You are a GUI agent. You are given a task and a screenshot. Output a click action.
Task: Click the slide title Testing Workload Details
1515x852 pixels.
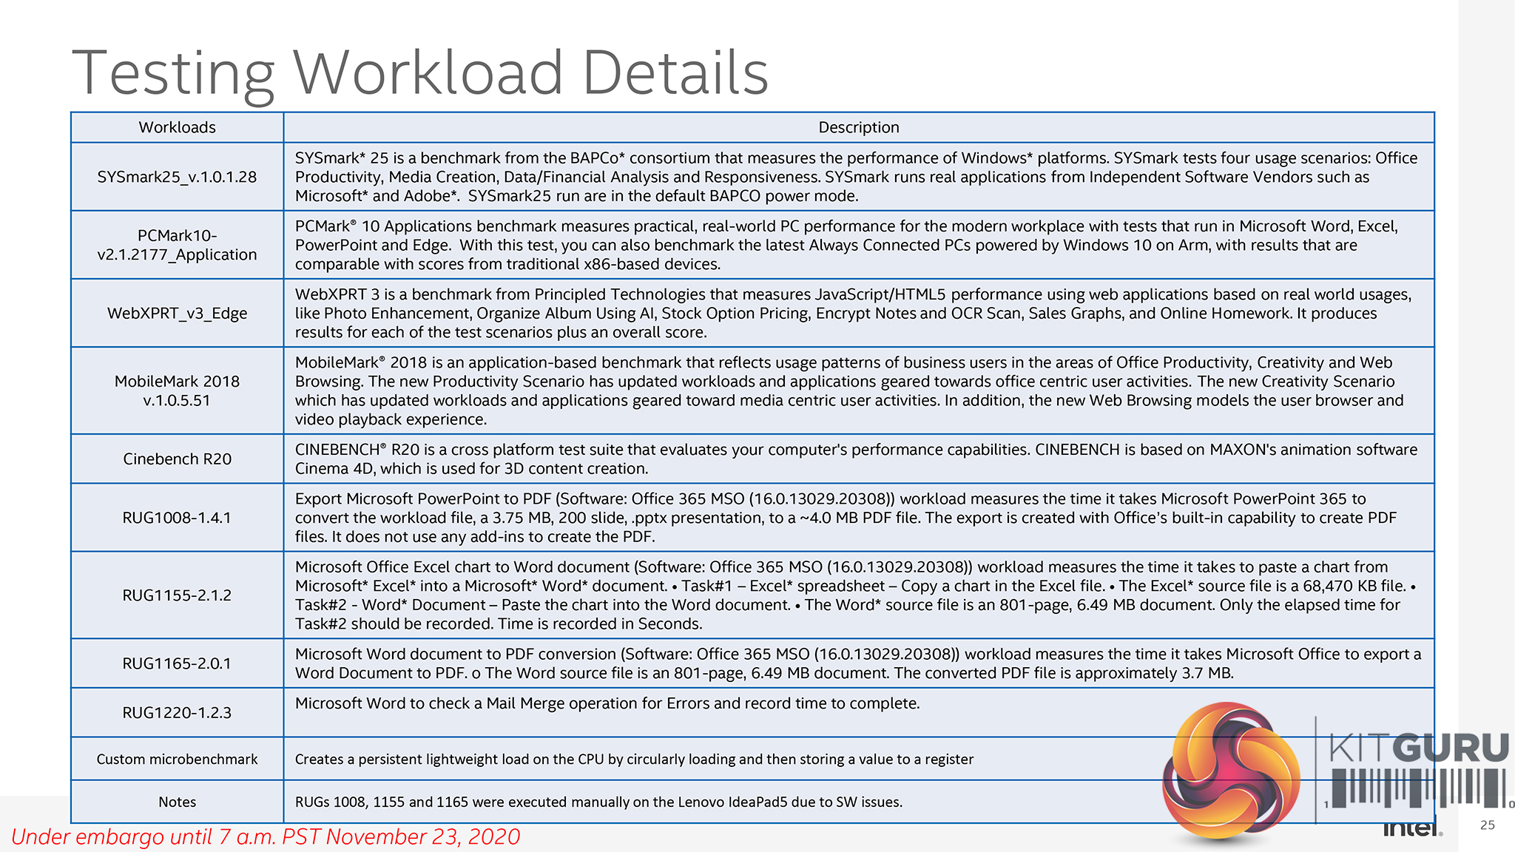coord(420,72)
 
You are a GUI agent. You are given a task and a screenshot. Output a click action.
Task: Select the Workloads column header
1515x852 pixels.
coord(177,127)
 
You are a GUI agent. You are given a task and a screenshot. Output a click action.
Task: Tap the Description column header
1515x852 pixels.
coord(858,127)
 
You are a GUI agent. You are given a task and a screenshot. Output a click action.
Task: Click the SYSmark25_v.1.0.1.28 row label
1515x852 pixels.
coord(177,177)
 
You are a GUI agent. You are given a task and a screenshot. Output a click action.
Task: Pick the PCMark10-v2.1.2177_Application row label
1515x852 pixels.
coord(177,245)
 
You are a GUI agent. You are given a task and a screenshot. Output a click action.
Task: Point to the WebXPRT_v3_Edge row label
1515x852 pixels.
coord(177,313)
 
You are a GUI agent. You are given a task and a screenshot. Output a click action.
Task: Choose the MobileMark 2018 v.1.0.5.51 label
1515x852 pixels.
coord(177,390)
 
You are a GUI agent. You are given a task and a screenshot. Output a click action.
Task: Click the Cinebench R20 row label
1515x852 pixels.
coord(177,459)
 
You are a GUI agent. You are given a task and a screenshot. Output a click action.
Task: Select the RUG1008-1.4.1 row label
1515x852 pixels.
coord(177,518)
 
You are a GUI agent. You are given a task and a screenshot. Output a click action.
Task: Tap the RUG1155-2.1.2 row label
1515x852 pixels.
coord(177,595)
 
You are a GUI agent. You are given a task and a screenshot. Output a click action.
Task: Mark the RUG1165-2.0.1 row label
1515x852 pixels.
coord(177,663)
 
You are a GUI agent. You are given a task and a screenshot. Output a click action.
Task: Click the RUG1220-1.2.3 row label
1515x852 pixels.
coord(177,712)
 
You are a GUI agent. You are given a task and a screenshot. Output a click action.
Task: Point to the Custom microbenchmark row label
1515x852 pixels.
coord(177,759)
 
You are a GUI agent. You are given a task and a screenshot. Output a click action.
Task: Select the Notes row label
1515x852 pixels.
coord(177,802)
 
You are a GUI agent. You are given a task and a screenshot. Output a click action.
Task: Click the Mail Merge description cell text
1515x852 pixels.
coord(607,703)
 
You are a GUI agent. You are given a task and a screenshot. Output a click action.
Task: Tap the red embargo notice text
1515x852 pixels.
coord(266,836)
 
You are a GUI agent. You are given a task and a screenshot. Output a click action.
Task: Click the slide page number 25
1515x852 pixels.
coord(1487,825)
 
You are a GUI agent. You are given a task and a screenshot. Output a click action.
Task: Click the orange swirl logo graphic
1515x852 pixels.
coord(1231,773)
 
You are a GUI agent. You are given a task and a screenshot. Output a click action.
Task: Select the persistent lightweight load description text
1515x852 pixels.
coord(634,759)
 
